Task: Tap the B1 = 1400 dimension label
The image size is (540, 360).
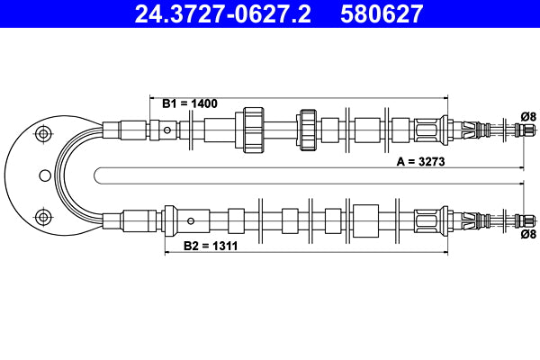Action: pyautogui.click(x=190, y=103)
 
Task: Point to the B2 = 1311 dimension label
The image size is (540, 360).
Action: pyautogui.click(x=211, y=245)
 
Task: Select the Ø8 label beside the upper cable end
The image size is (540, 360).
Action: pyautogui.click(x=528, y=115)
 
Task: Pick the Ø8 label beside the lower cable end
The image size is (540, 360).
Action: pyautogui.click(x=528, y=234)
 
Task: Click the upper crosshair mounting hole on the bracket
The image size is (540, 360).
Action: pyautogui.click(x=40, y=135)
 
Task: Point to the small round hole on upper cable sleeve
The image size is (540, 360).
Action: pyautogui.click(x=167, y=130)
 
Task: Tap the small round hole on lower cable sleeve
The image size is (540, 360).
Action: pyautogui.click(x=190, y=220)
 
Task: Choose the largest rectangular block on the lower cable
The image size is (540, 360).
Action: pyautogui.click(x=366, y=219)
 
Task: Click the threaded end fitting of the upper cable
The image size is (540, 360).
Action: pyautogui.click(x=519, y=130)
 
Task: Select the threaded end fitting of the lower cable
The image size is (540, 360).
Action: pyautogui.click(x=519, y=219)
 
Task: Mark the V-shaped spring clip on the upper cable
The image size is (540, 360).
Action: pyautogui.click(x=469, y=129)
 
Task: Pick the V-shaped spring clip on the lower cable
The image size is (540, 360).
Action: pyautogui.click(x=469, y=219)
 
